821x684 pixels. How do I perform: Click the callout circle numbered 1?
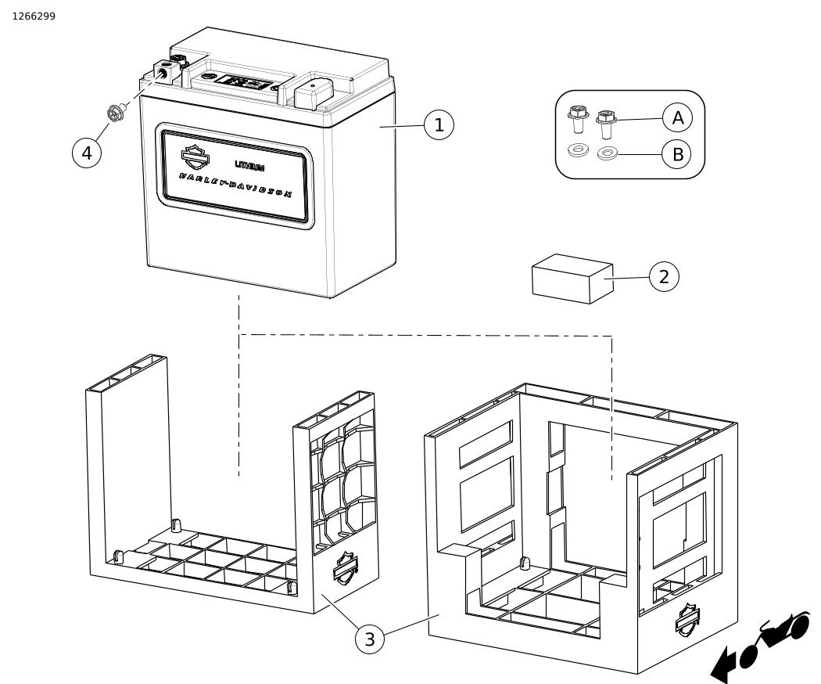[x=439, y=124]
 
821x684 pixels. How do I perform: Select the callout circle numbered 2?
[x=664, y=276]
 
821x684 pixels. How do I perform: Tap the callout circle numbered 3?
[x=370, y=639]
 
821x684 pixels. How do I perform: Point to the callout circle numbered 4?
[x=87, y=153]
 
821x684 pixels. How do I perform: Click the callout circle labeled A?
[x=678, y=118]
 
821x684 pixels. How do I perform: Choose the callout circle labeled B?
[x=678, y=154]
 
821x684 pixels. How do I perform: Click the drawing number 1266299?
[x=34, y=16]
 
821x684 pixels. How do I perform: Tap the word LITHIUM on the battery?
[x=249, y=166]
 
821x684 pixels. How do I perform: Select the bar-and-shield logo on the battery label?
[x=195, y=157]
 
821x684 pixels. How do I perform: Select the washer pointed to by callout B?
[x=607, y=153]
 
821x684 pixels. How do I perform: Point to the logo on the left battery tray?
[x=345, y=567]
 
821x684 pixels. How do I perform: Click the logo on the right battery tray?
[x=687, y=618]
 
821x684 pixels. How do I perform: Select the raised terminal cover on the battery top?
[x=314, y=93]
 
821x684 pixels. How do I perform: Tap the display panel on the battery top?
[x=243, y=82]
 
